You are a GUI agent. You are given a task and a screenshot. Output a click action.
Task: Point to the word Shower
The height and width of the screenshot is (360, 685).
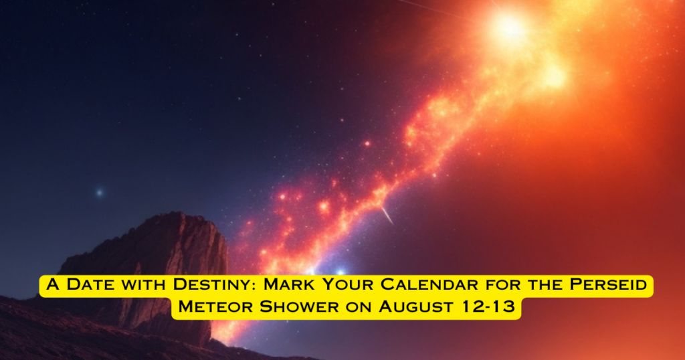299,306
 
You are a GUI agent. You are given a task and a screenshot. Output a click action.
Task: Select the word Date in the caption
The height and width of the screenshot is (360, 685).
91,284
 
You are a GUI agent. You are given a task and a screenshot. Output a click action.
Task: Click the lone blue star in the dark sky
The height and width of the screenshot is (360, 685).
99,192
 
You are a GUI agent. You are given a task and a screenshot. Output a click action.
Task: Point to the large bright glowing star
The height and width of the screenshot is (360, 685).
509,27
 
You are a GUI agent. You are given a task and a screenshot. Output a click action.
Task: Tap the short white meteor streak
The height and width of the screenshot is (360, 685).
387,215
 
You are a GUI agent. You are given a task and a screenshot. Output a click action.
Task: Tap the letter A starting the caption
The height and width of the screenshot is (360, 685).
52,284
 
